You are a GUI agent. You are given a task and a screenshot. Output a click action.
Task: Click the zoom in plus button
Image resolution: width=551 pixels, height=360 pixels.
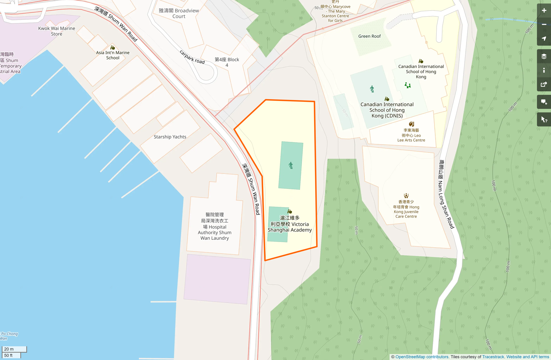click(x=544, y=11)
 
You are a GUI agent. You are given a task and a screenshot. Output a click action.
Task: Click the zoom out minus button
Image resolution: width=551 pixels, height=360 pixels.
click(x=544, y=25)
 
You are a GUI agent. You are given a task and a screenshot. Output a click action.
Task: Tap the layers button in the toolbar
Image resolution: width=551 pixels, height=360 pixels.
click(x=544, y=56)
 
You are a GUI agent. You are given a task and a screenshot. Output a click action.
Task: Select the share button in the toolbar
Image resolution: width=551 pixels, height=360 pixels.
click(x=544, y=85)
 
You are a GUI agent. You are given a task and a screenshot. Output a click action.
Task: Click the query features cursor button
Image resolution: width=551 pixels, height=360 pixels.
click(x=544, y=119)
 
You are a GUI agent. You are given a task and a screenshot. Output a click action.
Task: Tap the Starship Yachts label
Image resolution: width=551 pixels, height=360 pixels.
click(x=170, y=137)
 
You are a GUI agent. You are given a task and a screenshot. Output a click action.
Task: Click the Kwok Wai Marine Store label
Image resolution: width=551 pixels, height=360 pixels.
click(x=56, y=31)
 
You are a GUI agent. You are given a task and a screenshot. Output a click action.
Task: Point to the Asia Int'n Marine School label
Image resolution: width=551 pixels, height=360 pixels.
click(x=113, y=55)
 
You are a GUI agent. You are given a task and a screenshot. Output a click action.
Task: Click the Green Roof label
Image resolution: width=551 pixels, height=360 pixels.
click(x=369, y=36)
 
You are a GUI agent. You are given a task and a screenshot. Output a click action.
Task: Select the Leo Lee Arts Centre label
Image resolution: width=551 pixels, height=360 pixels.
click(x=411, y=135)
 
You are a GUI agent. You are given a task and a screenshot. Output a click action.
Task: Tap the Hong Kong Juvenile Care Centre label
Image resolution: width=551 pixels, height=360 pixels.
click(x=406, y=209)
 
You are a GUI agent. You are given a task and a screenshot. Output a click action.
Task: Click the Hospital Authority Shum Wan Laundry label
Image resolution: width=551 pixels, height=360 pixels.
click(x=215, y=227)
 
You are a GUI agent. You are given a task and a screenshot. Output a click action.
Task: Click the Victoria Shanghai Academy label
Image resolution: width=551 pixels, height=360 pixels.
click(x=290, y=224)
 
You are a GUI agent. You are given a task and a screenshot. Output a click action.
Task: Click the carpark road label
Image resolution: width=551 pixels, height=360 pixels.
click(x=192, y=57)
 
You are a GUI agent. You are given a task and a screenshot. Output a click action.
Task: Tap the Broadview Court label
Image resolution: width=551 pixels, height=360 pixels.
click(x=179, y=13)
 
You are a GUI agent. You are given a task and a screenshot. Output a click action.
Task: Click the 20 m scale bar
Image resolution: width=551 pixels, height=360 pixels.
click(x=14, y=349)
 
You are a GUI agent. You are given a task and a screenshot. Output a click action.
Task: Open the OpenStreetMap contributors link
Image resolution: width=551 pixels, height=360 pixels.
click(x=422, y=357)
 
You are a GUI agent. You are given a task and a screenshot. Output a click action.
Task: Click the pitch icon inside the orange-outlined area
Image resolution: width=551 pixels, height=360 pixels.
click(x=291, y=166)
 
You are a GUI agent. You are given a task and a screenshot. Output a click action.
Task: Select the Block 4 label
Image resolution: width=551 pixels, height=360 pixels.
click(x=227, y=62)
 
